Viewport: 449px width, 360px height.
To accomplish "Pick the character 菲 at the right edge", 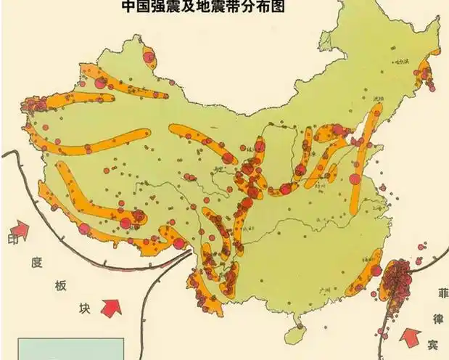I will (440, 294).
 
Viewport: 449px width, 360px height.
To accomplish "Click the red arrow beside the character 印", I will (20, 230).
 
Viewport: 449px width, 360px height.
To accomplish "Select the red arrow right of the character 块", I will (111, 307).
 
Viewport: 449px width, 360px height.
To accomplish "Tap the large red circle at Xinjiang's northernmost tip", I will (149, 56).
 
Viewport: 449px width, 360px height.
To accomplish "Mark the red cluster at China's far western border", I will (33, 110).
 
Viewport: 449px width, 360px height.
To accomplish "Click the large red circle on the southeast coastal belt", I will (375, 270).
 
